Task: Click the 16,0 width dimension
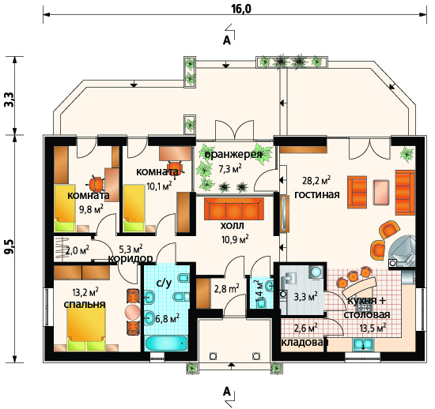(x=241, y=9)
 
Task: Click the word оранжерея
(x=233, y=154)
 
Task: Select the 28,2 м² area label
(x=316, y=181)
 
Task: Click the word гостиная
(x=317, y=195)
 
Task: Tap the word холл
(x=233, y=226)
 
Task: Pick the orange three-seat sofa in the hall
(x=233, y=208)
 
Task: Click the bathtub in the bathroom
(x=166, y=343)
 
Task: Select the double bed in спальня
(x=86, y=328)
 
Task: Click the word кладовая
(x=304, y=343)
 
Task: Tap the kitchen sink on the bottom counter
(x=363, y=344)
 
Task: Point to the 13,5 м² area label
(x=373, y=328)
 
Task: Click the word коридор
(x=130, y=259)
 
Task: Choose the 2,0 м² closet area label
(x=78, y=250)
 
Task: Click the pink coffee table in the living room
(x=381, y=192)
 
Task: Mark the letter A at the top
(x=227, y=41)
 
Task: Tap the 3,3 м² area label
(x=306, y=297)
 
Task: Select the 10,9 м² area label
(x=235, y=239)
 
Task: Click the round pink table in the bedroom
(x=133, y=312)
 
